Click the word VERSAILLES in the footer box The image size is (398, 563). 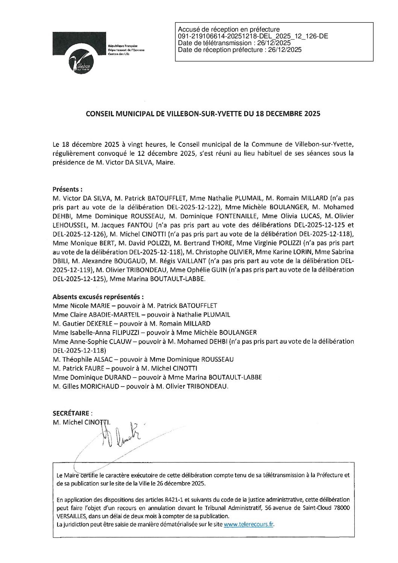(x=71, y=516)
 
